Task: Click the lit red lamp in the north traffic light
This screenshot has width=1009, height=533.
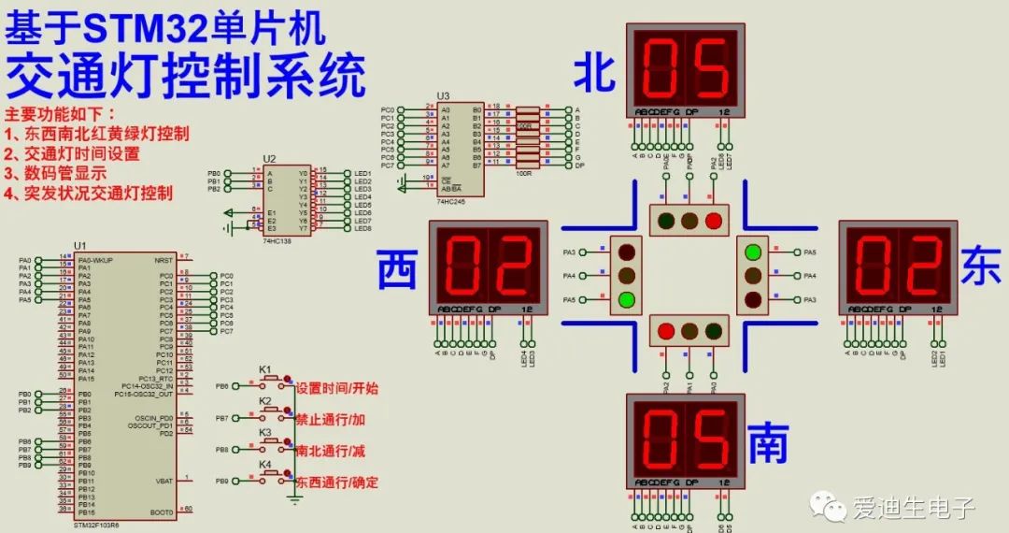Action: [x=714, y=221]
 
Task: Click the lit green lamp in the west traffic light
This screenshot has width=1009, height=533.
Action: [x=627, y=300]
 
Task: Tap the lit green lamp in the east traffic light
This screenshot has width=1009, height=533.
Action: [x=752, y=252]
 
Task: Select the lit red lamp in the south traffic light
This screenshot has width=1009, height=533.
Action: [x=666, y=330]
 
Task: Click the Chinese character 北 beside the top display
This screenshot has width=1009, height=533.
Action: [x=595, y=72]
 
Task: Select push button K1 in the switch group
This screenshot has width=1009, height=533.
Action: [x=266, y=383]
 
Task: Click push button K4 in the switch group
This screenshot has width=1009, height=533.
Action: [x=266, y=478]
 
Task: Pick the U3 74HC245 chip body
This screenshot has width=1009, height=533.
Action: [x=461, y=150]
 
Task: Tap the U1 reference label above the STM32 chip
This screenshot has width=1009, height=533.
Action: [x=78, y=245]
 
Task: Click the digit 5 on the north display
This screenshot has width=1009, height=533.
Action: [x=709, y=67]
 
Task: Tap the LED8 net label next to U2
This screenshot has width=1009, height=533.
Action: [x=362, y=228]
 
